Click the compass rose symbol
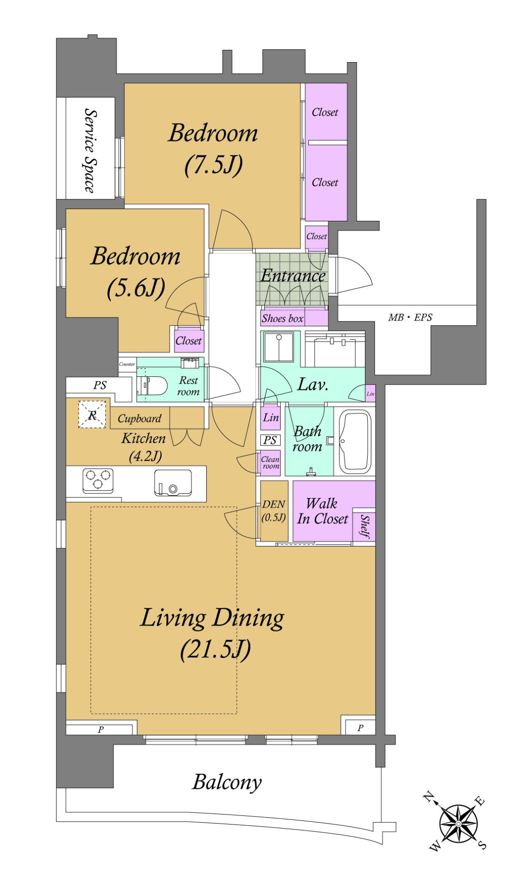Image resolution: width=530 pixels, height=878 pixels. (x=458, y=824)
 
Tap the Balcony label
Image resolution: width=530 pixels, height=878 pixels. (x=227, y=782)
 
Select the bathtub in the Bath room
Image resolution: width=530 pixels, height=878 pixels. (x=355, y=442)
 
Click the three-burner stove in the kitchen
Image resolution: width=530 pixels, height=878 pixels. (x=98, y=480)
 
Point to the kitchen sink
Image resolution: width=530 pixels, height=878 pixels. (x=173, y=482)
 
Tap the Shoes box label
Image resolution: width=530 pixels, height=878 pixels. (x=283, y=318)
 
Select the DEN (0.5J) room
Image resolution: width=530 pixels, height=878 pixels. (x=274, y=510)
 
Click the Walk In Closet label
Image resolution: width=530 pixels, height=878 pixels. (x=322, y=511)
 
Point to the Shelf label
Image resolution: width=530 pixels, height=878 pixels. (x=364, y=526)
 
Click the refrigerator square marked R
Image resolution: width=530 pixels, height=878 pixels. (x=92, y=415)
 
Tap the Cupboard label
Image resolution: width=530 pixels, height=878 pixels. (x=139, y=418)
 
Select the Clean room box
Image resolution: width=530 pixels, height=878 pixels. (x=270, y=463)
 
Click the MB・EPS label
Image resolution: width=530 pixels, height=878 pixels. (x=410, y=317)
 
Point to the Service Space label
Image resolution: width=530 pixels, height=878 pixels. (x=90, y=150)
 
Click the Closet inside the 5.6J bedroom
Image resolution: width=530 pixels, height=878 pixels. (x=188, y=341)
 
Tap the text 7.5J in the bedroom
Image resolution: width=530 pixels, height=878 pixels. (x=214, y=165)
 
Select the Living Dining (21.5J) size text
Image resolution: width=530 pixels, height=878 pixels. (x=215, y=649)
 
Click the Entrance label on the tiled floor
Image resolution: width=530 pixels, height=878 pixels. (x=293, y=275)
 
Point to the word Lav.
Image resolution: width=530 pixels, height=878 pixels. (x=313, y=384)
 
